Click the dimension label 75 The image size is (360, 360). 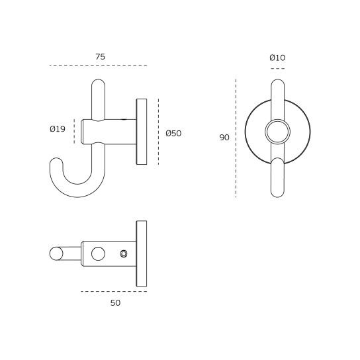(100, 57)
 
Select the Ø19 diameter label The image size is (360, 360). (58, 129)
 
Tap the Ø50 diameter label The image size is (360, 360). (173, 133)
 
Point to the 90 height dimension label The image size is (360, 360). (224, 137)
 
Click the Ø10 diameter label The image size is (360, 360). (277, 58)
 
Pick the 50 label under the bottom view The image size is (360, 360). (115, 302)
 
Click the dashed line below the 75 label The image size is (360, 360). (99, 66)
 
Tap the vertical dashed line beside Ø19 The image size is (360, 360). (73, 130)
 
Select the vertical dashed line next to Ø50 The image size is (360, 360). (159, 132)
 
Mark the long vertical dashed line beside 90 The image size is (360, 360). (236, 138)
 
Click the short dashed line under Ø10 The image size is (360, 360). (277, 68)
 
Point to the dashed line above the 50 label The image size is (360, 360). (114, 291)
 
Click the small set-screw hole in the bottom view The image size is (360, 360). (124, 253)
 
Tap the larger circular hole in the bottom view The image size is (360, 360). (99, 253)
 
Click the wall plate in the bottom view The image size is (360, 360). (142, 253)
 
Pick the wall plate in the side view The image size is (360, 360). (142, 132)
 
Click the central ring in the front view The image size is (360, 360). (277, 132)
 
